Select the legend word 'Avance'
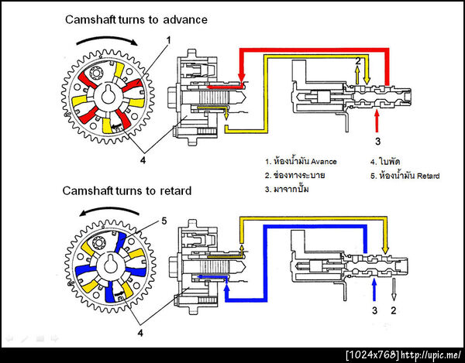[322, 162]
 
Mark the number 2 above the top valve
[358, 60]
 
